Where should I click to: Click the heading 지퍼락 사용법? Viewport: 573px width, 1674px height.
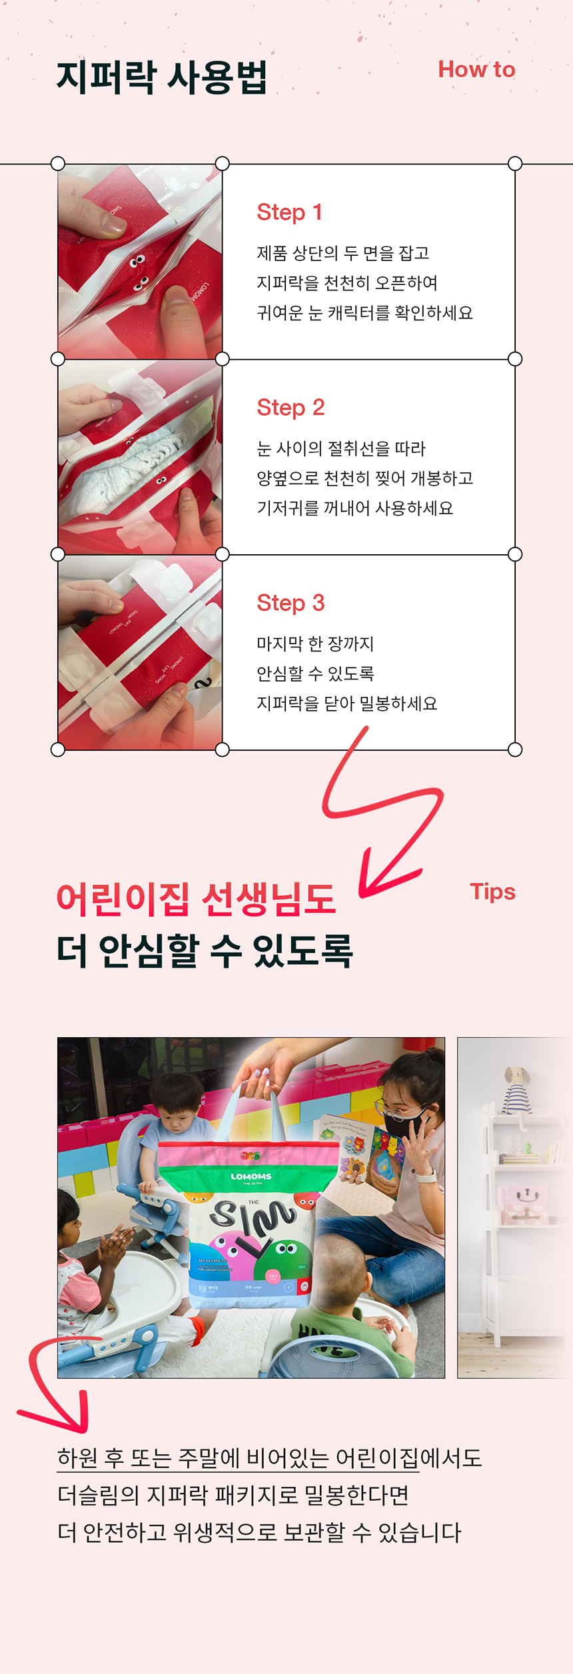pyautogui.click(x=161, y=77)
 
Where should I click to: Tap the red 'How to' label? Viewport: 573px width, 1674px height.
pyautogui.click(x=476, y=69)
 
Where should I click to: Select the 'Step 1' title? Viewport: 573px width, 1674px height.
pyautogui.click(x=289, y=212)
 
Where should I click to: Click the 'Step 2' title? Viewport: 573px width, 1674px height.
pyautogui.click(x=290, y=408)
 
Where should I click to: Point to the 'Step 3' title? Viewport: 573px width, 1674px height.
pyautogui.click(x=290, y=603)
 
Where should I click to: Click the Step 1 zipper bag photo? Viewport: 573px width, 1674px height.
pyautogui.click(x=140, y=262)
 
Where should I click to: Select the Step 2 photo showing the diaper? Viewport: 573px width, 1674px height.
pyautogui.click(x=140, y=457)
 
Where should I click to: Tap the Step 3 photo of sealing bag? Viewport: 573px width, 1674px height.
pyautogui.click(x=140, y=653)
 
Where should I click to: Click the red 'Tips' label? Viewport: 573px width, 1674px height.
pyautogui.click(x=492, y=892)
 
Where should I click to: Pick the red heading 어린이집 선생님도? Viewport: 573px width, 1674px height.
pyautogui.click(x=196, y=899)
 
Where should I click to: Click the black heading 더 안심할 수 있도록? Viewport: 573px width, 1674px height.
pyautogui.click(x=205, y=951)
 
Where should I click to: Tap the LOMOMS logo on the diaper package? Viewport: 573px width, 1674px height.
pyautogui.click(x=251, y=1176)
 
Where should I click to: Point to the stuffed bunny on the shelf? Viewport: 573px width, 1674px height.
pyautogui.click(x=516, y=1090)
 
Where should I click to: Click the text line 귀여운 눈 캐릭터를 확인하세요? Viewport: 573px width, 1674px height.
pyautogui.click(x=364, y=313)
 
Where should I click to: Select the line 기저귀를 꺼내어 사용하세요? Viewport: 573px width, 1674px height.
pyautogui.click(x=354, y=508)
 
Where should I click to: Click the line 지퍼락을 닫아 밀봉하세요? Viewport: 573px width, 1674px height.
pyautogui.click(x=347, y=703)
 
